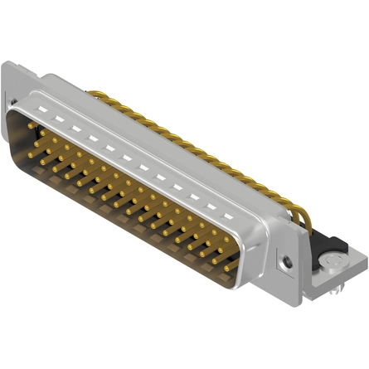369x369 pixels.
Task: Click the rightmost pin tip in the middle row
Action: click(222, 254)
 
